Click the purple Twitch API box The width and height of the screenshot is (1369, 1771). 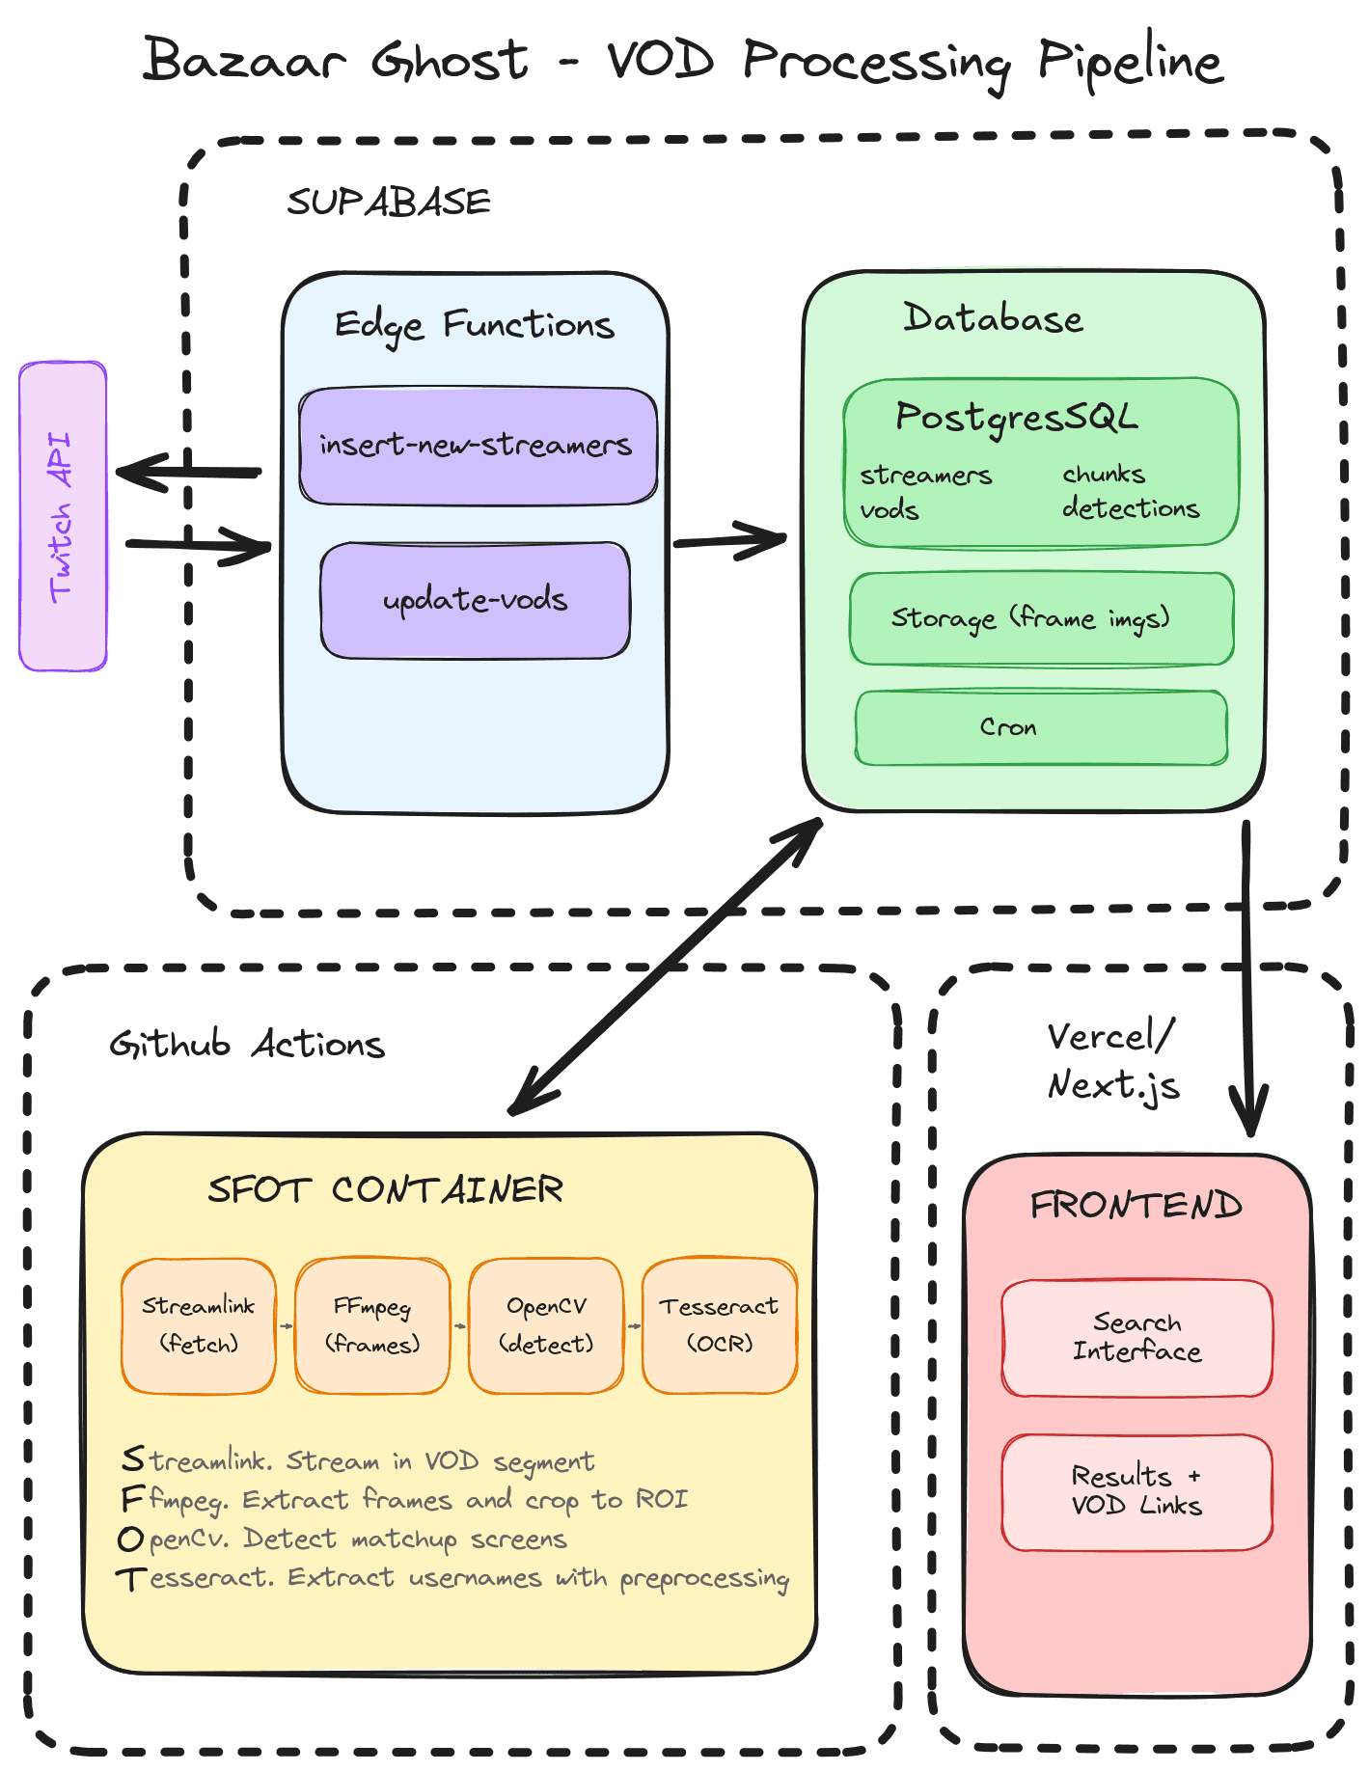[x=63, y=516]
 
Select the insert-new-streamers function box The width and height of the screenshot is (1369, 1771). [x=478, y=446]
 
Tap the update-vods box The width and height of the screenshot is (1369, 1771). [x=475, y=600]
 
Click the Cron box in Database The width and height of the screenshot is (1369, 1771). [x=1040, y=727]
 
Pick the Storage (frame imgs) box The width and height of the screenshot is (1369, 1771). [x=1040, y=618]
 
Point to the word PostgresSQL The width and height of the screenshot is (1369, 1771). [x=1016, y=417]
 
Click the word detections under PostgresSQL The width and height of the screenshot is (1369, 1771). [x=1131, y=508]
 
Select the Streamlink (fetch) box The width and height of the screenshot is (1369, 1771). [x=199, y=1325]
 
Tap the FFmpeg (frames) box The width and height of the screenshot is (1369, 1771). [x=372, y=1325]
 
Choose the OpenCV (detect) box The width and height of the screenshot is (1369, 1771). [x=546, y=1325]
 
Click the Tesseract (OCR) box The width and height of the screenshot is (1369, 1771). [x=720, y=1325]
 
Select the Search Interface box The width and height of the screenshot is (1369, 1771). [x=1136, y=1338]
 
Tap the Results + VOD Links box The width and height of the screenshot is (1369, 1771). [x=1136, y=1491]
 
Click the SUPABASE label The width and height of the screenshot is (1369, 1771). [x=389, y=203]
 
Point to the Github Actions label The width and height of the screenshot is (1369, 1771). [x=247, y=1045]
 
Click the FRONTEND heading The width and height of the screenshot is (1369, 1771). [x=1136, y=1205]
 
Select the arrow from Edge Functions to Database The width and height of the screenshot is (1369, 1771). [x=728, y=542]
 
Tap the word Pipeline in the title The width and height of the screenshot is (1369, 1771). [x=1130, y=62]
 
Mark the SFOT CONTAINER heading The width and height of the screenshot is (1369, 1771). [x=385, y=1189]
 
